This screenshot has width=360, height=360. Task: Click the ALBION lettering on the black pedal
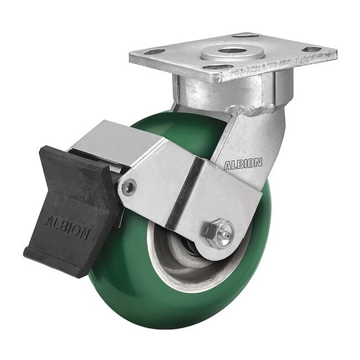pos(67,227)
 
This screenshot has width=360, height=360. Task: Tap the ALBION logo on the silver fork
pos(243,164)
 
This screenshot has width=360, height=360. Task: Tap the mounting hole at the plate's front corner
pos(216,67)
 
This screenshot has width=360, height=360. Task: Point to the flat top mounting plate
pos(275,59)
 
